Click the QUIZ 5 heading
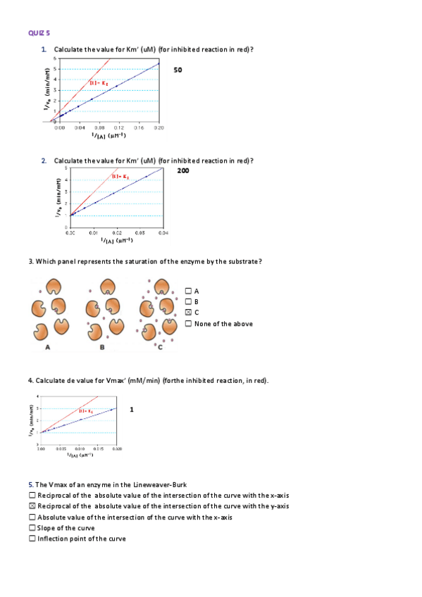point(39,32)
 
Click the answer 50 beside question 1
point(178,70)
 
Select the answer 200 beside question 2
point(182,170)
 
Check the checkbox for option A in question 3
point(188,291)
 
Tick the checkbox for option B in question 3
point(188,301)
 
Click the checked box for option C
point(188,313)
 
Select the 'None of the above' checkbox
point(188,324)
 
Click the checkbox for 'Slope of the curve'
point(32,528)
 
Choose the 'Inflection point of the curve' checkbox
point(32,539)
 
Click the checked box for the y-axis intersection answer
point(32,505)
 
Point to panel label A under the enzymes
point(47,347)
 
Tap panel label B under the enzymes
point(102,347)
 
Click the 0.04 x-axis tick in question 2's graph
point(163,232)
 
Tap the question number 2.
point(44,161)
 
